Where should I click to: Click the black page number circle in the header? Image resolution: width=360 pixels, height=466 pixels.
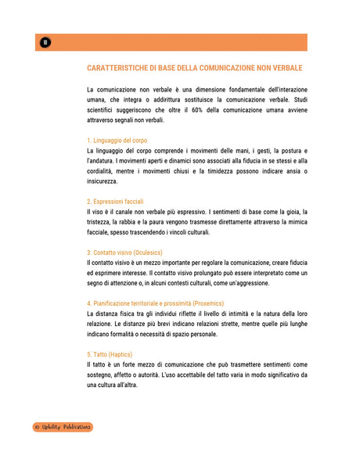[45, 42]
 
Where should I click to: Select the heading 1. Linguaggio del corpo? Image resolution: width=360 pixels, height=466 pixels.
[117, 140]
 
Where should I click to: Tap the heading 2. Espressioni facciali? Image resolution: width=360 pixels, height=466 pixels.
[115, 202]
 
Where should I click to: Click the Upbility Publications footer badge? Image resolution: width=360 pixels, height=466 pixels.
[63, 427]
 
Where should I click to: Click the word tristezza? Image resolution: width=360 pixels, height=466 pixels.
[103, 222]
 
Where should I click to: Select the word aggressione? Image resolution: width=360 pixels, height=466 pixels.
[250, 283]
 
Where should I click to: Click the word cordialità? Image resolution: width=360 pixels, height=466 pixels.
[104, 171]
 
